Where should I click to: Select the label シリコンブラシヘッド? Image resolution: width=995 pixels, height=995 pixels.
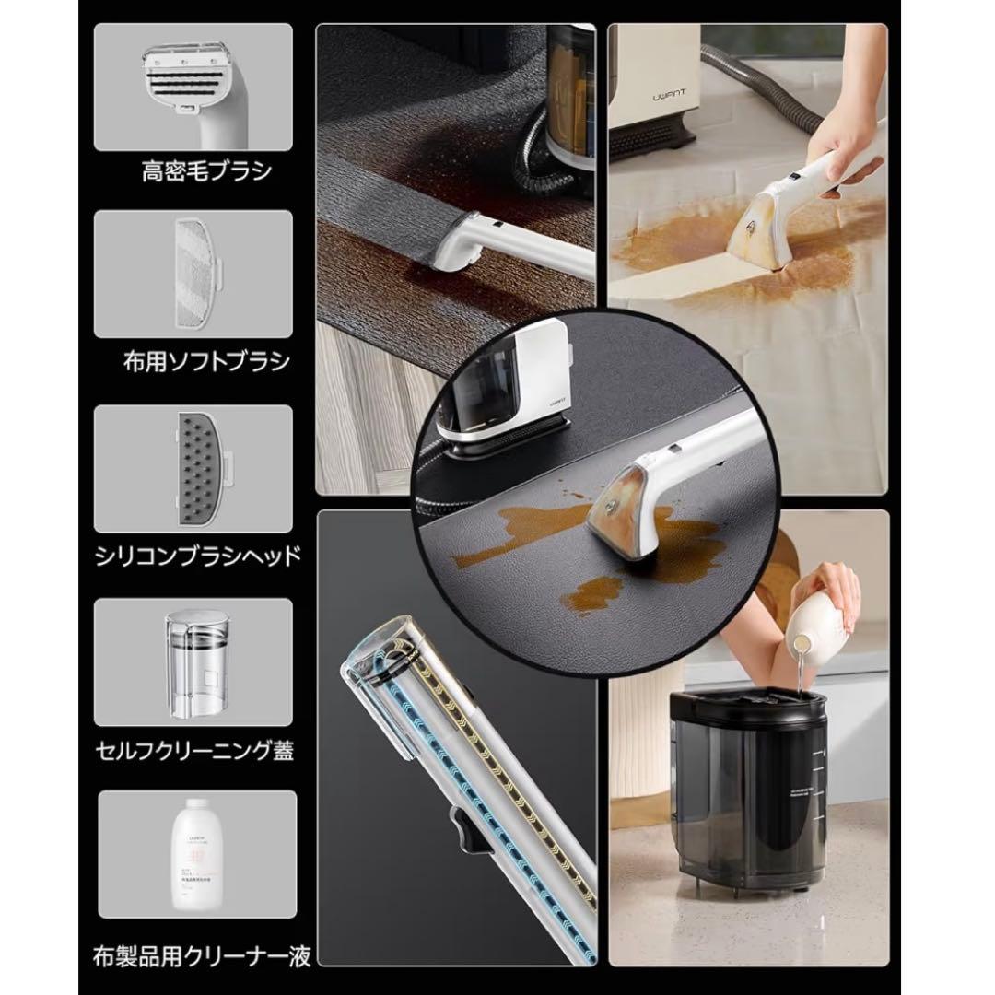click(x=197, y=557)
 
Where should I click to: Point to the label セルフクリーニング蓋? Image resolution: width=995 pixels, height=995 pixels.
click(x=195, y=749)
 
